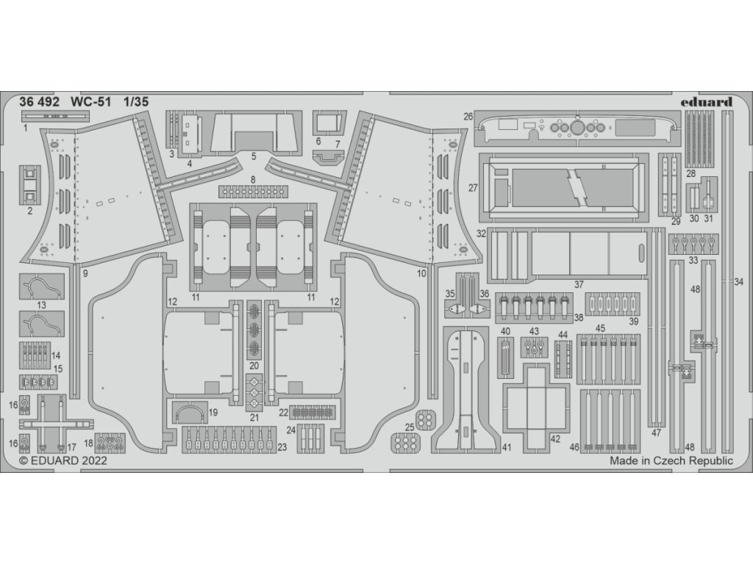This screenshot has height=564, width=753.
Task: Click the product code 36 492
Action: click(39, 103)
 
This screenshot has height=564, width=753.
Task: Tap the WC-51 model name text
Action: click(90, 103)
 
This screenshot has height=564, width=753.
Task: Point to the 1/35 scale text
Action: click(137, 103)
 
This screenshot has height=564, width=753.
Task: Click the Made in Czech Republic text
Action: click(671, 461)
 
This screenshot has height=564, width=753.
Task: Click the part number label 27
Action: click(473, 188)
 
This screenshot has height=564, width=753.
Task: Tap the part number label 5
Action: click(253, 156)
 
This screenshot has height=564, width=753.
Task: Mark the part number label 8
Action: click(253, 180)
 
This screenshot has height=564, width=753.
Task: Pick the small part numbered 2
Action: click(29, 183)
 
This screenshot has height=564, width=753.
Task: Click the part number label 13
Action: click(41, 304)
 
